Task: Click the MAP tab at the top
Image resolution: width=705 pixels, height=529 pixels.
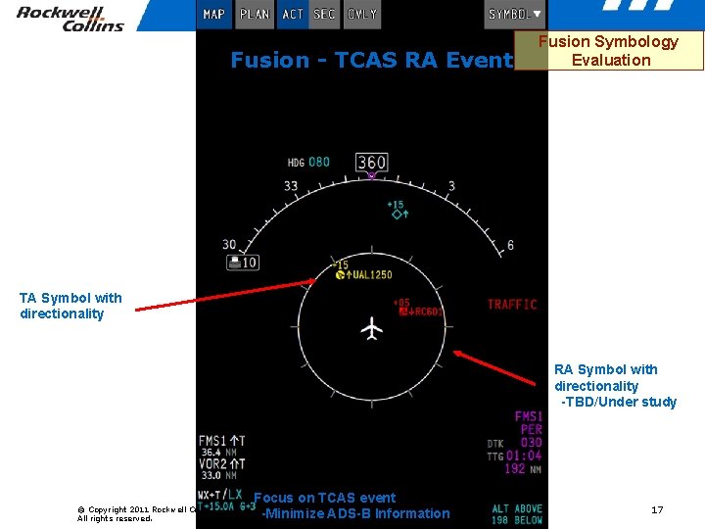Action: coord(213,15)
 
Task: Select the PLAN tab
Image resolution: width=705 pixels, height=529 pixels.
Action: coord(255,15)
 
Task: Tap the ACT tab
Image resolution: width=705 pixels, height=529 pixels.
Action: coord(293,15)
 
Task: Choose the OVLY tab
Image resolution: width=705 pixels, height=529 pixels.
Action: coord(362,15)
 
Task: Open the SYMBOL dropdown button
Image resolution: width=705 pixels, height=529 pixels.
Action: coord(515,15)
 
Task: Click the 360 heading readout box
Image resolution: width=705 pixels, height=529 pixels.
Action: coord(371,163)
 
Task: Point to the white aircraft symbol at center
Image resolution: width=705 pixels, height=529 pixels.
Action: coord(371,328)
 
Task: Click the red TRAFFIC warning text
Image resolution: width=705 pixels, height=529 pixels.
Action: coord(512,305)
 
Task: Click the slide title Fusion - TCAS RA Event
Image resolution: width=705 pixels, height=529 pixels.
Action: coord(371,61)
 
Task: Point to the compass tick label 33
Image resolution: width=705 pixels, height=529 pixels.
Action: coord(291,186)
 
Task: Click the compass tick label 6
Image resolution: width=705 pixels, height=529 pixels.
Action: coord(510,245)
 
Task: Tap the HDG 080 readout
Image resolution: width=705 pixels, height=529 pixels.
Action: coord(308,163)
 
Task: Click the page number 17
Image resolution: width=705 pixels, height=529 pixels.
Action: coord(657,509)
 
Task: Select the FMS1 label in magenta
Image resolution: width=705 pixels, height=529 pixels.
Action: coord(529,416)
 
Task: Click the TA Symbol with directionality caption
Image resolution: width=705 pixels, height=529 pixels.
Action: coord(70,306)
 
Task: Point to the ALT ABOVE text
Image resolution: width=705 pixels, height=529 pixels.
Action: coord(517,508)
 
